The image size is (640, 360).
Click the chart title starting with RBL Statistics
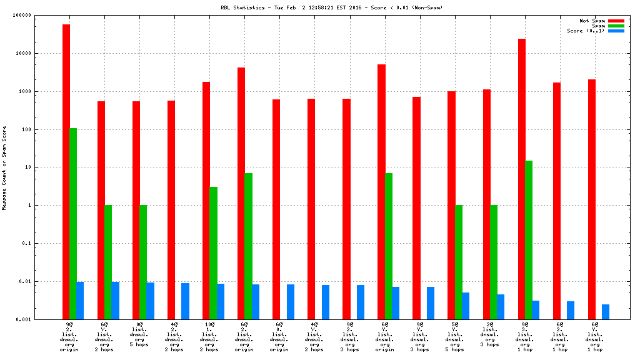pyautogui.click(x=319, y=8)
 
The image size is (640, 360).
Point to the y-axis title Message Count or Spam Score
pyautogui.click(x=4, y=167)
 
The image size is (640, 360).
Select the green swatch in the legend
pyautogui.click(x=616, y=26)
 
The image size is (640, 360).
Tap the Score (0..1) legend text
pyautogui.click(x=586, y=31)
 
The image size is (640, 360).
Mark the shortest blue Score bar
pyautogui.click(x=606, y=312)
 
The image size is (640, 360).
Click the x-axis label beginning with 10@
pyautogui.click(x=209, y=337)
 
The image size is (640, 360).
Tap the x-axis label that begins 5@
pyautogui.click(x=454, y=337)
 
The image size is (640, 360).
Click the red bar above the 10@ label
pyautogui.click(x=206, y=201)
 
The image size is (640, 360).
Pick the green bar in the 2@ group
pyautogui.click(x=494, y=262)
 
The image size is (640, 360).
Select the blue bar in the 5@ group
pyautogui.click(x=466, y=306)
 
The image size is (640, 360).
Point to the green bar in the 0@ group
pyautogui.click(x=143, y=262)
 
